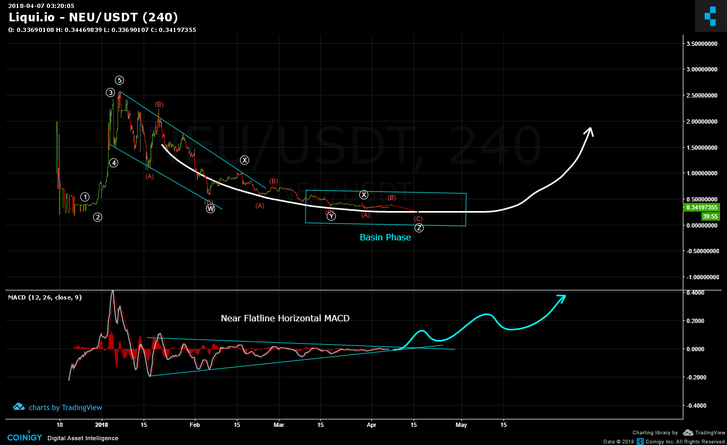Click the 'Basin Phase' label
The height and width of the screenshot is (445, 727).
point(385,238)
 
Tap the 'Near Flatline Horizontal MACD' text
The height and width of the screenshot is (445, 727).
point(285,319)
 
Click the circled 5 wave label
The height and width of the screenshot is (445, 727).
point(120,80)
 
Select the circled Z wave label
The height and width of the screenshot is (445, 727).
point(419,228)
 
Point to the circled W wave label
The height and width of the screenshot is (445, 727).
point(211,209)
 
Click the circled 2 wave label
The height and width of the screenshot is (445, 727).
point(98,217)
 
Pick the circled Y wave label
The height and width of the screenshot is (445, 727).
point(331,216)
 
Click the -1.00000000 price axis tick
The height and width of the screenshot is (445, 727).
point(703,277)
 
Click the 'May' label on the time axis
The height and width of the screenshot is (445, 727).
point(461,425)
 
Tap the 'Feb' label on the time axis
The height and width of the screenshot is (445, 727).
point(195,425)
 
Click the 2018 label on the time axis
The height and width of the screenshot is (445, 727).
point(101,425)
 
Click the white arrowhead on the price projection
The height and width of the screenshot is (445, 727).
point(589,131)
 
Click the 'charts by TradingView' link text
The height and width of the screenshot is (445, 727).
point(65,408)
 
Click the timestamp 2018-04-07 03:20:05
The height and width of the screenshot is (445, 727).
point(41,6)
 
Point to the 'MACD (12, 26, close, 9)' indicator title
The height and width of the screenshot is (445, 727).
point(45,297)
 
